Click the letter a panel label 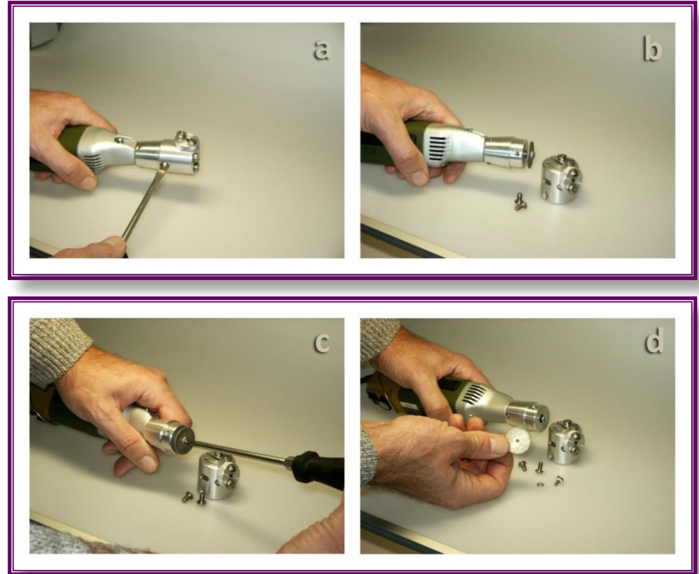(x=321, y=50)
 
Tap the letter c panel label (x=322, y=343)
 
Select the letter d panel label (x=654, y=340)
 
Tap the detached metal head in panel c (x=219, y=475)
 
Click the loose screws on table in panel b (x=521, y=202)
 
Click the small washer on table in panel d (x=540, y=485)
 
